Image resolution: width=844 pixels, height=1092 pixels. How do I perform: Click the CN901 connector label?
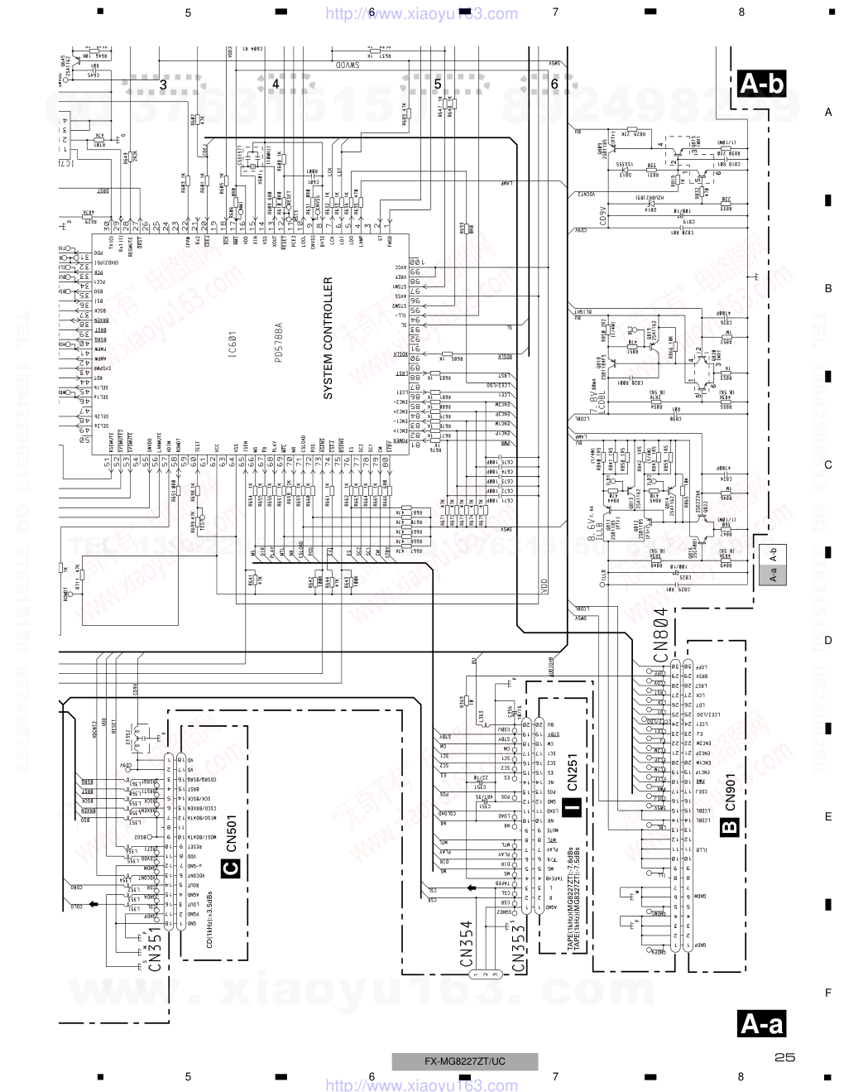tap(731, 792)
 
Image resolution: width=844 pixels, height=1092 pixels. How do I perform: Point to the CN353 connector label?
tap(519, 947)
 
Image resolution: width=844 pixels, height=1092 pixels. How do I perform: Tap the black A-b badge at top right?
tap(761, 83)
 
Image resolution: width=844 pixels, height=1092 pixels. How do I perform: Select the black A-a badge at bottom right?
tap(761, 1024)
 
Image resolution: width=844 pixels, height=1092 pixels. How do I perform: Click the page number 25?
tap(785, 1057)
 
